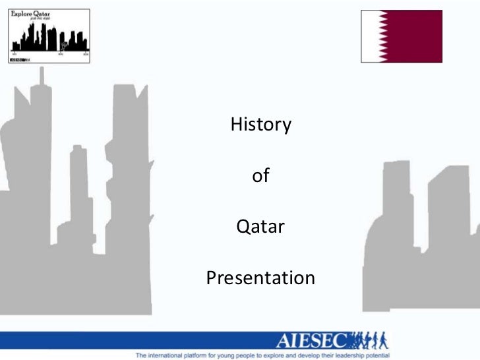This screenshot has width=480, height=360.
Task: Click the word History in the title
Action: point(260,125)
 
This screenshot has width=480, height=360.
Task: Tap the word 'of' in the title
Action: point(260,176)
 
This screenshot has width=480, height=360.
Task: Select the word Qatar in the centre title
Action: point(260,227)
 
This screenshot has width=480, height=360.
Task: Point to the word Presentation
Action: point(260,278)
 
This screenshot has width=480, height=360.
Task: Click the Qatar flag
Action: point(401,36)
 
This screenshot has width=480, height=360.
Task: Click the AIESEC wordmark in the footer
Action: point(313,341)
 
